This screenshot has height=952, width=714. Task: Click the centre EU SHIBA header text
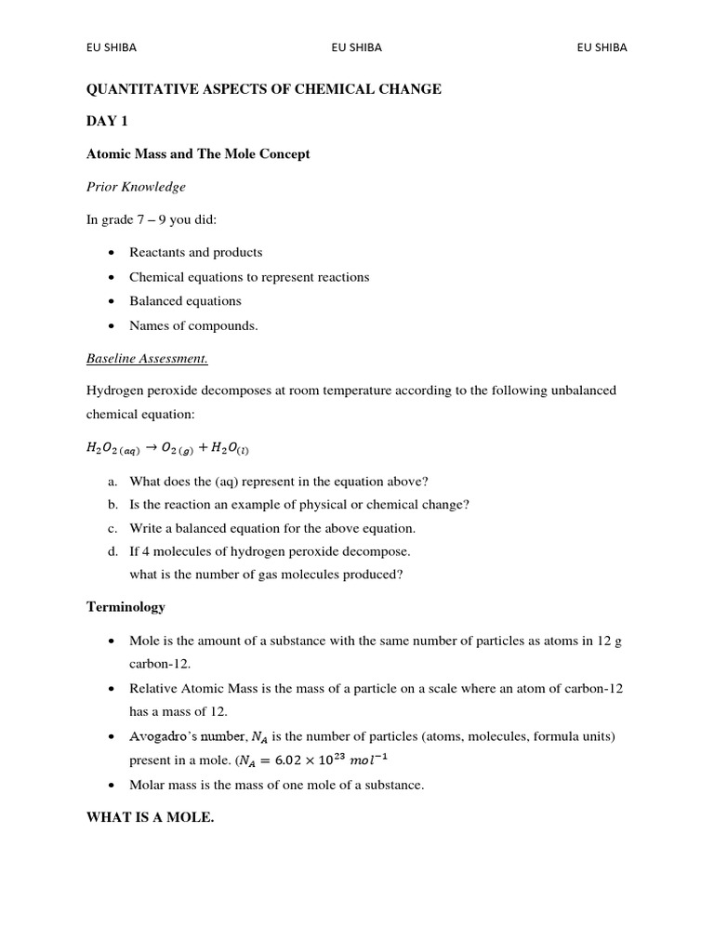(356, 47)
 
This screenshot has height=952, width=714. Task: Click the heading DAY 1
(107, 122)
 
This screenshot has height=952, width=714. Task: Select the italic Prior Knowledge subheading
(136, 187)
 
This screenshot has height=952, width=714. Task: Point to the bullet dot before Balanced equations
(111, 301)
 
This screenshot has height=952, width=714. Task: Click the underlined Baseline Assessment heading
(147, 358)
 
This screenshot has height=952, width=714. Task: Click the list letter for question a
(112, 482)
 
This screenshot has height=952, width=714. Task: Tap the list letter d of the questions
(112, 551)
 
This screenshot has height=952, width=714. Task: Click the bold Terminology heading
(126, 607)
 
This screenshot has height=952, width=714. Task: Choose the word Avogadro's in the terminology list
(161, 736)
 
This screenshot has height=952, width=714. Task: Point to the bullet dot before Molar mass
(111, 785)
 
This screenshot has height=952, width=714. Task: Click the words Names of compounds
(193, 325)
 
